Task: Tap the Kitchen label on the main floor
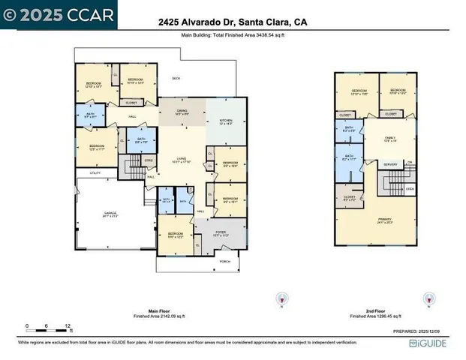(226, 121)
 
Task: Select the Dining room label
(182, 112)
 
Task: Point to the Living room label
(182, 159)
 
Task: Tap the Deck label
(176, 78)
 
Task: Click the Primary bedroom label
(384, 221)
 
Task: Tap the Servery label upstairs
(390, 164)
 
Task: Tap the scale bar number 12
(68, 326)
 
